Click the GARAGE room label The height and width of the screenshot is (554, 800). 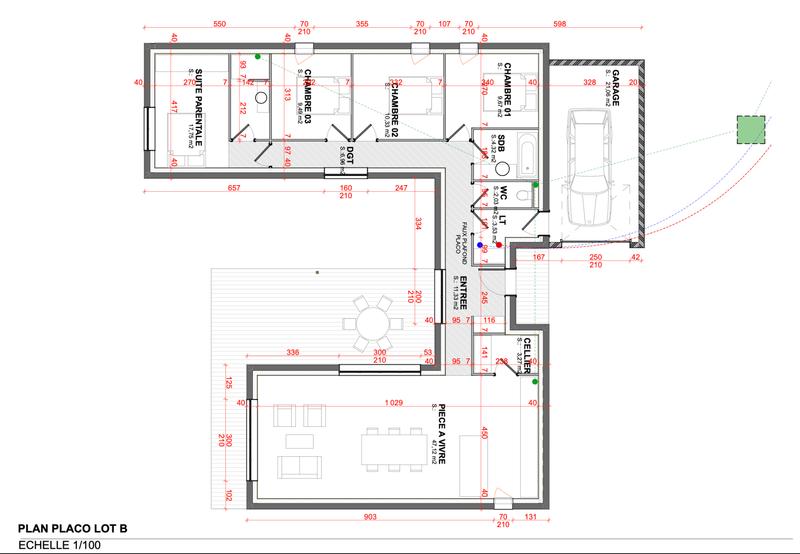click(x=616, y=88)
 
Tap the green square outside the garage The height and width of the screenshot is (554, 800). click(x=750, y=131)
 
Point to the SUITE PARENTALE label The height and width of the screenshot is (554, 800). click(x=199, y=108)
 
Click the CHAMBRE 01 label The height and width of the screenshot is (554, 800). click(x=507, y=87)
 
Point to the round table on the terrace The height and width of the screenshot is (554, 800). click(x=374, y=322)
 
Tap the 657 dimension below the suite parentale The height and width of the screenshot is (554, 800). click(x=234, y=188)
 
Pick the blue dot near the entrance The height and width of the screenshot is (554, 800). click(x=480, y=243)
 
